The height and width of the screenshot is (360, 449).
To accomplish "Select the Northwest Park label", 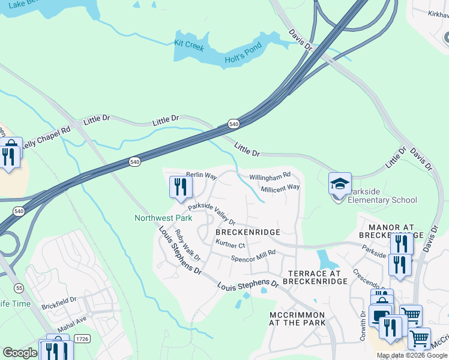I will coord(163,218).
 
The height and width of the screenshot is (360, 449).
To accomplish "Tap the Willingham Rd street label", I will coord(270,176).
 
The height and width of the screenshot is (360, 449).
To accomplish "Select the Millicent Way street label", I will coord(280,188).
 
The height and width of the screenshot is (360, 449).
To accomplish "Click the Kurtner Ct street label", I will coord(231,245).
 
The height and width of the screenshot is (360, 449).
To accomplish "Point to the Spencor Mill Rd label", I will coord(253,256).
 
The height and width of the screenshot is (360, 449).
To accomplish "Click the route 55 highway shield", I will coord(19,288).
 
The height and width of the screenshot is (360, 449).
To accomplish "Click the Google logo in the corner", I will coord(19,353).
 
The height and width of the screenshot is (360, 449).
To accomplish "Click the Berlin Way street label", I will coord(200,175).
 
